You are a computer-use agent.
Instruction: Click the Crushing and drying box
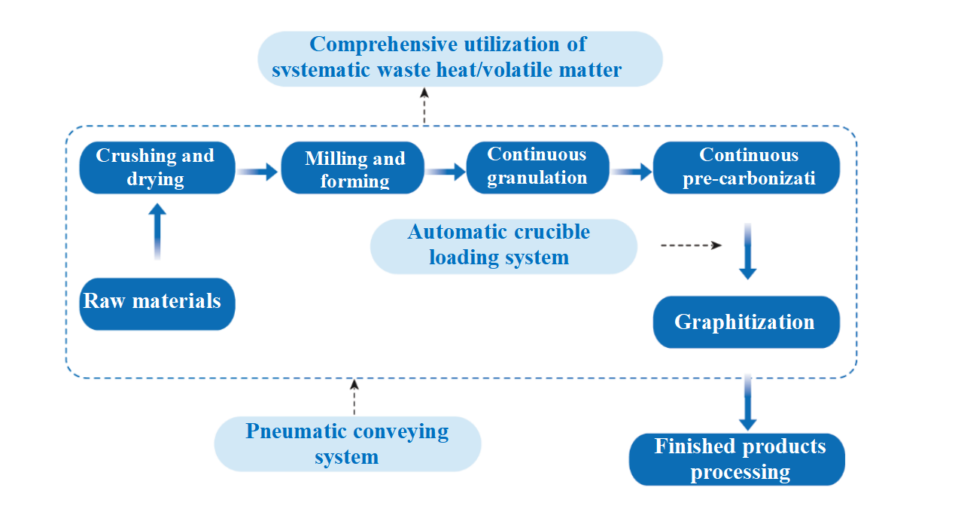click(x=157, y=167)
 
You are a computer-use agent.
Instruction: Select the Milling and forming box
click(x=354, y=168)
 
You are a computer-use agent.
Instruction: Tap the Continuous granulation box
click(x=537, y=167)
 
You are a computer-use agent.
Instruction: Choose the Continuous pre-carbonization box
click(x=746, y=167)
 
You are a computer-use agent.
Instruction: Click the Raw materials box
click(x=157, y=303)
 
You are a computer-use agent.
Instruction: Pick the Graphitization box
click(x=745, y=322)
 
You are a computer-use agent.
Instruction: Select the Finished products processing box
click(x=737, y=459)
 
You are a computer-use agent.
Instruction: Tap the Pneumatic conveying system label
click(x=347, y=443)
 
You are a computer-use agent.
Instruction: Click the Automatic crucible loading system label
click(x=503, y=245)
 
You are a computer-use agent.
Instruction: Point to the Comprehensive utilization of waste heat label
click(x=459, y=58)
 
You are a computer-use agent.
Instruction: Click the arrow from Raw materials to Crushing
click(x=157, y=232)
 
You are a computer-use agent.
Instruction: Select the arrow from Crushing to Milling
click(x=258, y=172)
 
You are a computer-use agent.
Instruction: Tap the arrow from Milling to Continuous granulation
click(x=446, y=172)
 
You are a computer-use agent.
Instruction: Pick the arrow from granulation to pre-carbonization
click(x=632, y=172)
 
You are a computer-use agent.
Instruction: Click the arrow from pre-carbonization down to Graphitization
click(x=747, y=251)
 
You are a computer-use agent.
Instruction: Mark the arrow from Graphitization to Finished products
click(x=747, y=403)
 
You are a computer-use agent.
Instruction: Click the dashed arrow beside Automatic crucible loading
click(x=691, y=245)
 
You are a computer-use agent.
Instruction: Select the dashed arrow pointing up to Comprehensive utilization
click(x=424, y=106)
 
